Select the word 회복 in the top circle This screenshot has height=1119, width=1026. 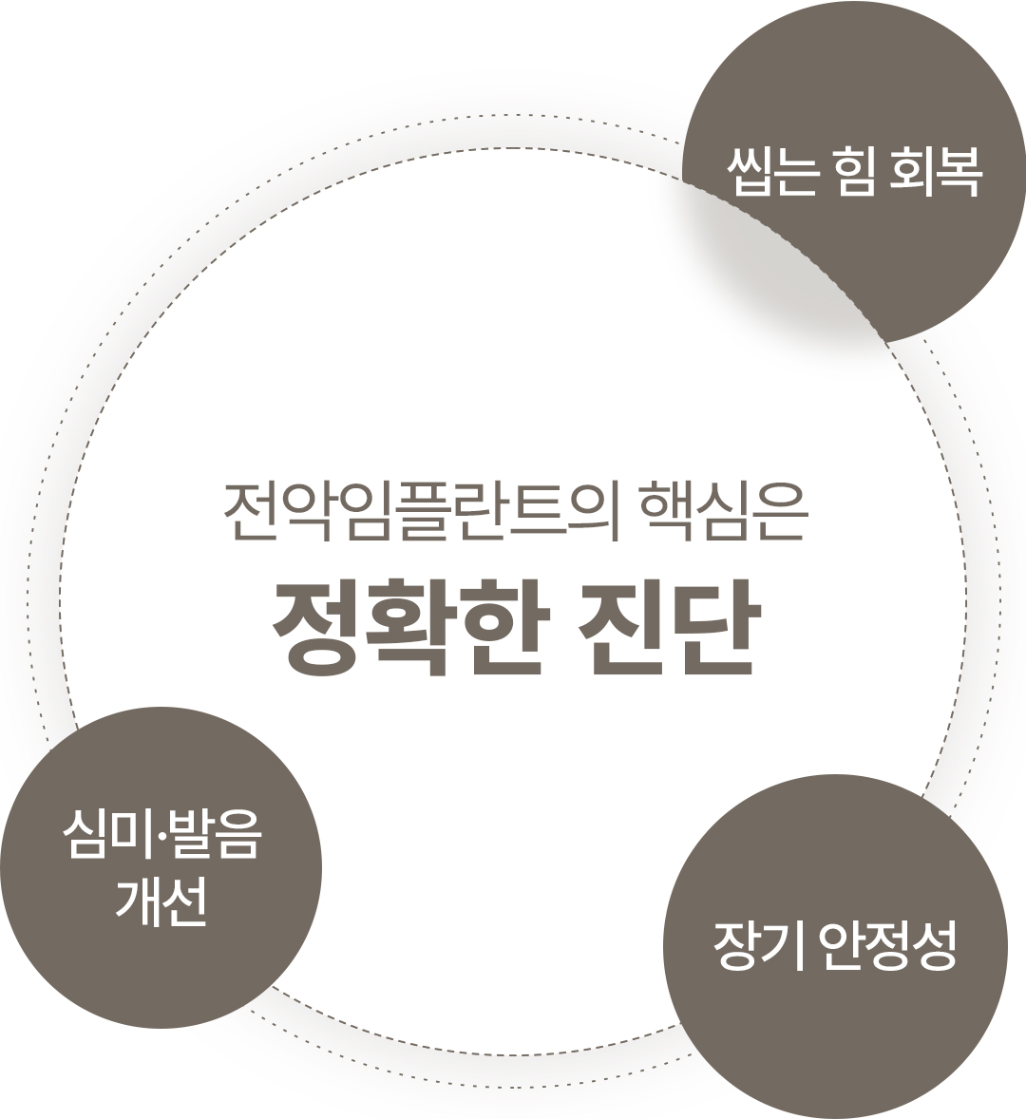pos(935,173)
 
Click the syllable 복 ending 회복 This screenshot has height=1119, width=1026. pos(958,173)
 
